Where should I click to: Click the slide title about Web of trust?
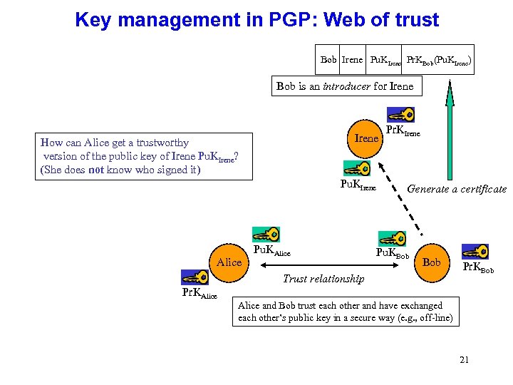click(256, 19)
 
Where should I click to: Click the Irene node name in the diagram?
click(366, 138)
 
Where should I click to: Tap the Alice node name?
click(229, 262)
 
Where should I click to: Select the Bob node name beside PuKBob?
click(431, 262)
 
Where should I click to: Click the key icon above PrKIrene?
click(400, 114)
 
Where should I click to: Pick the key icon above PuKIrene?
click(356, 169)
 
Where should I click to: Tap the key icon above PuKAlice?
click(266, 235)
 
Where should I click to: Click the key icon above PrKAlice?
click(194, 277)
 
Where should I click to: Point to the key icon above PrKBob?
click(475, 251)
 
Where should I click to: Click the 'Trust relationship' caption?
click(323, 279)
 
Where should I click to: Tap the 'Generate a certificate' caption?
click(456, 189)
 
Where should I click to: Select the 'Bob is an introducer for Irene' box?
click(345, 86)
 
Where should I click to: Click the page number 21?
click(464, 359)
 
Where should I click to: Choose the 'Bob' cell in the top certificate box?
click(328, 59)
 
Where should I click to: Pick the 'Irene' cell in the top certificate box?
click(352, 59)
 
